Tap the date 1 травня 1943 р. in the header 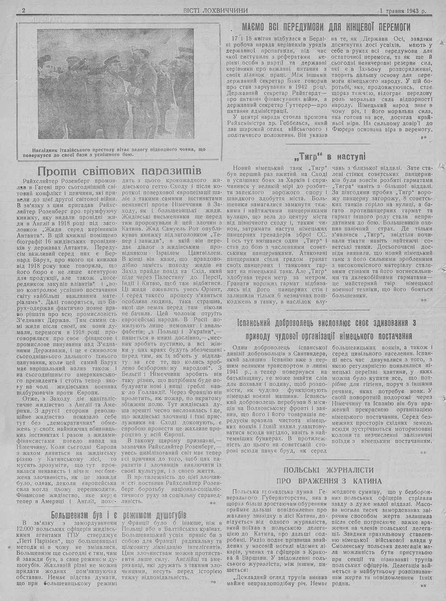tap(403, 10)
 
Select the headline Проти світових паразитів tap(120, 171)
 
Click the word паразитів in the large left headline tap(174, 171)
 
